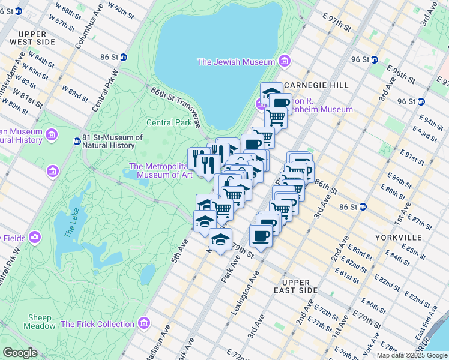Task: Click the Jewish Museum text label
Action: click(x=236, y=62)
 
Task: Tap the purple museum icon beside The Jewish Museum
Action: click(x=285, y=62)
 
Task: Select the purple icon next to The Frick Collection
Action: click(x=143, y=324)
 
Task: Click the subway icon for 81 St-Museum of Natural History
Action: click(x=77, y=142)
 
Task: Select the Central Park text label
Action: click(x=170, y=123)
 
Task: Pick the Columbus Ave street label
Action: click(x=85, y=30)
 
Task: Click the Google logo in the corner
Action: click(x=20, y=353)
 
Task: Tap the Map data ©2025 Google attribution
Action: click(x=412, y=355)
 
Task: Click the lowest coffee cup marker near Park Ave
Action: click(x=260, y=236)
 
